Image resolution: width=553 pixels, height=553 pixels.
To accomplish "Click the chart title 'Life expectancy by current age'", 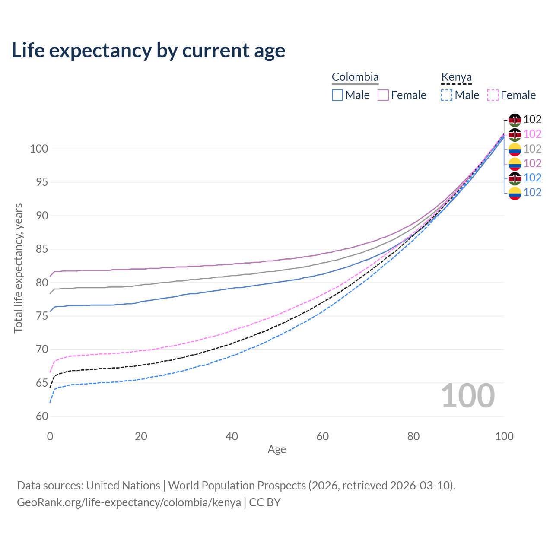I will coord(148,51).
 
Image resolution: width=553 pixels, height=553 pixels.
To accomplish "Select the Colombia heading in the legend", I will coord(355,77).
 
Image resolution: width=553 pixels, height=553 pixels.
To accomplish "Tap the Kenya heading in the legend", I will coord(456,77).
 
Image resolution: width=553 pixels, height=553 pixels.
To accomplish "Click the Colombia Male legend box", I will coord(337,95).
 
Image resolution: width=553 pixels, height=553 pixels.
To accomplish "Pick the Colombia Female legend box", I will coord(383,95).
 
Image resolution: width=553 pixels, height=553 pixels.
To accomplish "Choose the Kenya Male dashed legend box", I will coord(447,95).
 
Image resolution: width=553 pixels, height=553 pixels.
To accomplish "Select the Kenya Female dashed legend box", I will coord(493,95).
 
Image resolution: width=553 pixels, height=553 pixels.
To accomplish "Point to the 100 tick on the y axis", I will coord(38,149).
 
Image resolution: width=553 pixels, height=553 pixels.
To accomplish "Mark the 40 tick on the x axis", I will coord(232,436).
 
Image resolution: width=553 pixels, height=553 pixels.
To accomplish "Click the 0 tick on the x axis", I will coord(50,436).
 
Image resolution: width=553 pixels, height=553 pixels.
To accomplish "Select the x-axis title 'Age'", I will coord(277,450).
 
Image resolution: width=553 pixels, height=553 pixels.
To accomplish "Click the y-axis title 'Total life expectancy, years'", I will coord(18,268).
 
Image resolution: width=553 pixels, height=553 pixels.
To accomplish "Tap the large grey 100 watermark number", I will coord(468,396).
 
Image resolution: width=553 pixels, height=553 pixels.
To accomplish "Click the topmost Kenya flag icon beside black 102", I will coord(515,120).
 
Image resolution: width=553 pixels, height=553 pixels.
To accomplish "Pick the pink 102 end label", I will coord(532,134).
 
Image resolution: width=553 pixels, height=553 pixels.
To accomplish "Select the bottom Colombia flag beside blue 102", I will coord(515,193).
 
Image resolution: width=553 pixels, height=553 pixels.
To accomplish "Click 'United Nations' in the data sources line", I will coord(123,486).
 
